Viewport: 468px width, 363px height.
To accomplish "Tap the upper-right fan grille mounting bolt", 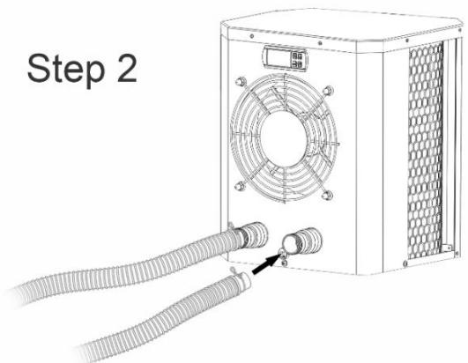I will (x=328, y=88).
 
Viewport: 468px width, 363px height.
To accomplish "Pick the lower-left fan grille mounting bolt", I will (x=238, y=184).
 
